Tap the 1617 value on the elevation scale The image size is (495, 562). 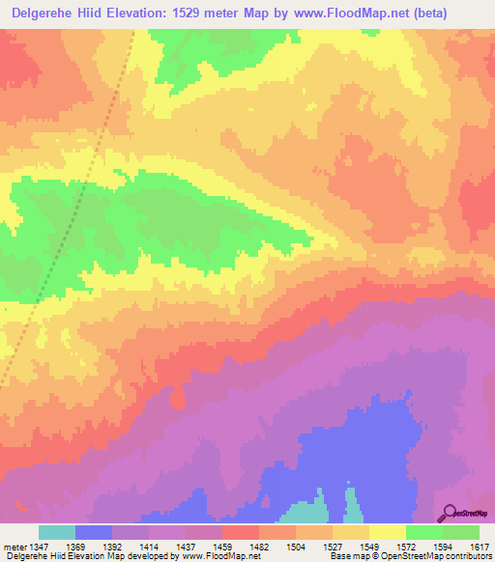(x=480, y=547)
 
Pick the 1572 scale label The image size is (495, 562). (x=406, y=547)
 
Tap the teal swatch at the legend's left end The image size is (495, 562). (x=57, y=532)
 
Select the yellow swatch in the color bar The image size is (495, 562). (x=388, y=532)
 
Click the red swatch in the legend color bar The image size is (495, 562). (x=241, y=532)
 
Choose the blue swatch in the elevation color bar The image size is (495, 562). (x=94, y=532)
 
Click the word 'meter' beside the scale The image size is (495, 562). (x=14, y=547)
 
